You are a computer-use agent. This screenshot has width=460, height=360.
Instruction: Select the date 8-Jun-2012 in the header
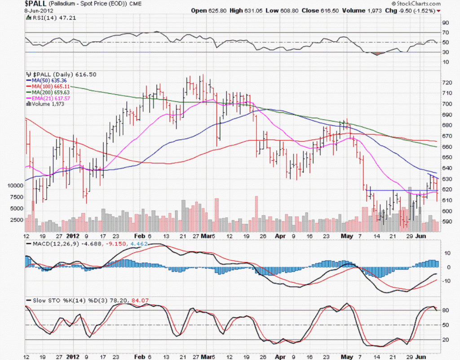[14, 10]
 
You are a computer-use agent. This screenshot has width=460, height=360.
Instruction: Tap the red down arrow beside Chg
[438, 10]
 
